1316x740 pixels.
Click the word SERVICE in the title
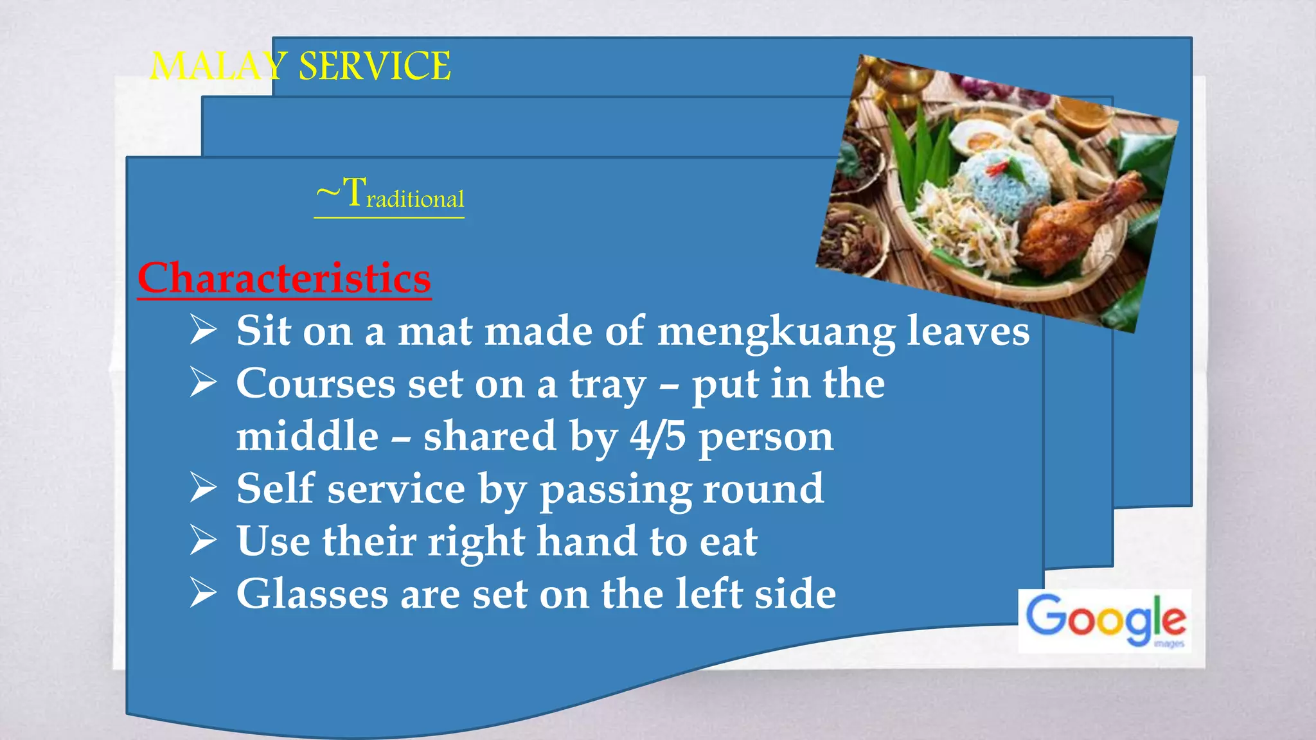coord(375,66)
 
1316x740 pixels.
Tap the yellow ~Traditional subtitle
coord(389,194)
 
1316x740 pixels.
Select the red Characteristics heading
coord(284,278)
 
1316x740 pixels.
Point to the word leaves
coord(968,331)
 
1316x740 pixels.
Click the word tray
coord(607,385)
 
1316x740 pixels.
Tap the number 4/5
coord(657,437)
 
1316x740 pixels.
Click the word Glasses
coord(312,594)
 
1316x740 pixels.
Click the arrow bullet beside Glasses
coord(204,593)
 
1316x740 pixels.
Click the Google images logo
coord(1105,620)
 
